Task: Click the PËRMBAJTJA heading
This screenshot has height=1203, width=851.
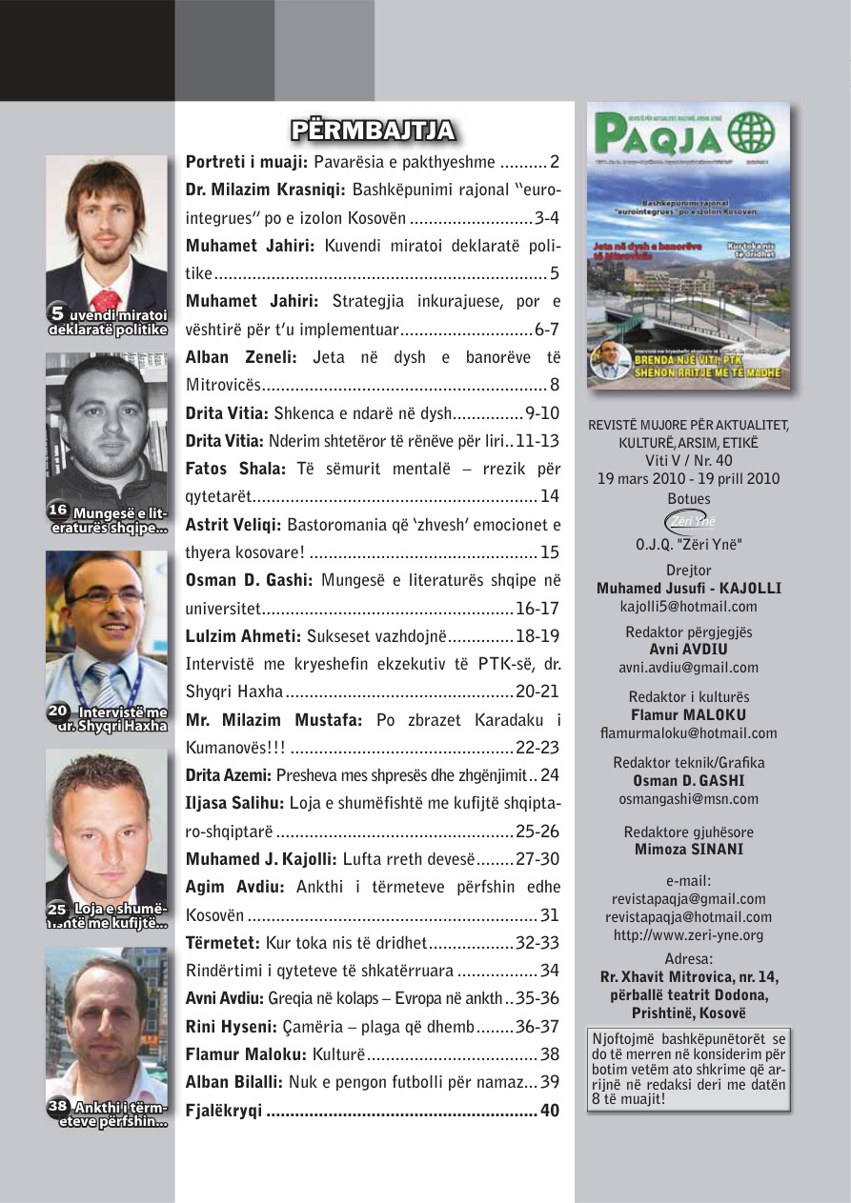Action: [x=373, y=130]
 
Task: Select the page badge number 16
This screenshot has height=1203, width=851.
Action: [x=58, y=511]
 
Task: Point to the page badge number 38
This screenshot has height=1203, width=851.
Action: [x=58, y=1106]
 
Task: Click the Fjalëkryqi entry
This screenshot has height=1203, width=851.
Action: [x=224, y=1111]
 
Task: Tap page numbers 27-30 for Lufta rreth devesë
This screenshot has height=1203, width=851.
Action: [x=537, y=859]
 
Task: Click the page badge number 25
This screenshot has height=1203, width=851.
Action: [x=58, y=910]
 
